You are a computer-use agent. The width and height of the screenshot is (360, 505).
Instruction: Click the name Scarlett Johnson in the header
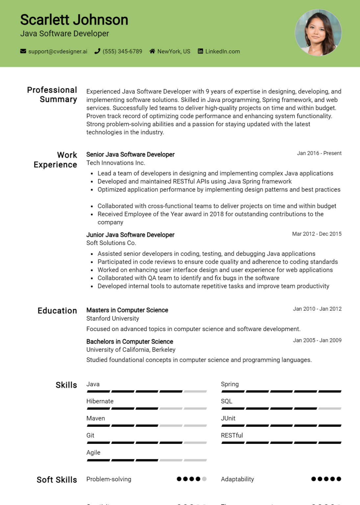tap(74, 20)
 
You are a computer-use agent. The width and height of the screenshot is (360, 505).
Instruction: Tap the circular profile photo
tap(318, 33)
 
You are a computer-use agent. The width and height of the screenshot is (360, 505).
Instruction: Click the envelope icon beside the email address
tap(23, 51)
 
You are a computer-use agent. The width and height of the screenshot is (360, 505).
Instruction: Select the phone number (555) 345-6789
tap(122, 51)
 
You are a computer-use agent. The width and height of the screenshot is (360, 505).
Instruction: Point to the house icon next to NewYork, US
tap(152, 51)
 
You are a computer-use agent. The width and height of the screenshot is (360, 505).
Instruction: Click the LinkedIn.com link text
tap(223, 51)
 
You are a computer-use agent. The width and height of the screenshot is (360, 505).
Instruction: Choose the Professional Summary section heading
tap(52, 95)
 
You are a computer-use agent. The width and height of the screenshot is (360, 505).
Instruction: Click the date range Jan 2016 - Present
tap(319, 153)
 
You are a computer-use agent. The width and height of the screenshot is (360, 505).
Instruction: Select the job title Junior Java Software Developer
tap(130, 235)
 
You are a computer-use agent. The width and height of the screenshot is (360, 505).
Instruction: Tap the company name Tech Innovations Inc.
tap(116, 163)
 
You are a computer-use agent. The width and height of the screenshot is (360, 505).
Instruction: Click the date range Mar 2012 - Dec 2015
tap(317, 234)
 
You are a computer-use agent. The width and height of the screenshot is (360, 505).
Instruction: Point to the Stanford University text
tap(113, 318)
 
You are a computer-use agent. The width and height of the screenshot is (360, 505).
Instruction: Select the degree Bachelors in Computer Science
tap(130, 342)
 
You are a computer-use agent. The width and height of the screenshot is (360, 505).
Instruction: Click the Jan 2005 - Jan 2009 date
tap(317, 340)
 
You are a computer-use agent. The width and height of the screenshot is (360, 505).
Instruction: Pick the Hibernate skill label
tap(100, 401)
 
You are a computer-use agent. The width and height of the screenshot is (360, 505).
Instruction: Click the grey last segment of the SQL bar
tap(330, 409)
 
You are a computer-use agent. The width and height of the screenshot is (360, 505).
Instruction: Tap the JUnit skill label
tap(228, 418)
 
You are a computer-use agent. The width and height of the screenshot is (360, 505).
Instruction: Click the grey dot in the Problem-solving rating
tap(204, 479)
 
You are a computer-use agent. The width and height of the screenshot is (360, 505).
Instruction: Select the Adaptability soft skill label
tap(237, 479)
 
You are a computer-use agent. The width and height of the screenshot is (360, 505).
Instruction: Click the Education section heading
tap(57, 311)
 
